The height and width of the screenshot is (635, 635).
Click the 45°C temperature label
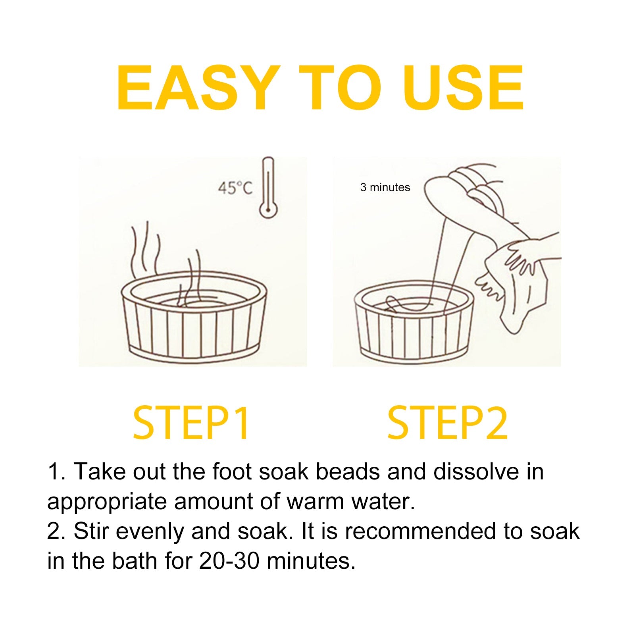(235, 187)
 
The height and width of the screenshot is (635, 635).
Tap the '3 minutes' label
(385, 187)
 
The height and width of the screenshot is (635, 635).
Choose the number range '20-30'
(230, 561)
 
